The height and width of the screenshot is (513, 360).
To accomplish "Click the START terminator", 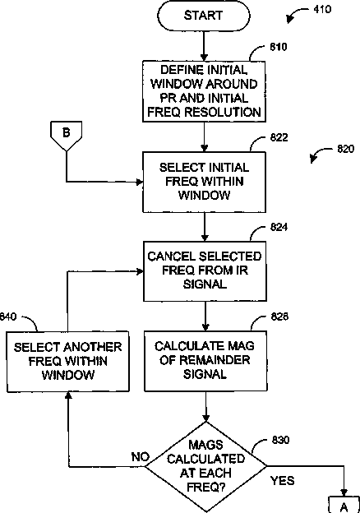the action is [x=204, y=16].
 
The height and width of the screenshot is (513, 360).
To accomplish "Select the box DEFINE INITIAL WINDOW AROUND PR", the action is [x=204, y=91].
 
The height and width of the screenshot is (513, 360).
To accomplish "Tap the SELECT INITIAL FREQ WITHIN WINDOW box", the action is [x=204, y=182].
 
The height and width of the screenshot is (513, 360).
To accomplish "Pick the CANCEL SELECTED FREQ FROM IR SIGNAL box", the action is [x=205, y=271].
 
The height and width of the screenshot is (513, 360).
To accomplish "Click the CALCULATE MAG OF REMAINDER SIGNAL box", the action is [x=205, y=361].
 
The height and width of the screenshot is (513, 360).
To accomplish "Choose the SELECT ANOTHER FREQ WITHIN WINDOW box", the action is [x=68, y=362].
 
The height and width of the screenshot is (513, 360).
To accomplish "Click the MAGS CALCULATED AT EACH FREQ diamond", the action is [x=205, y=466].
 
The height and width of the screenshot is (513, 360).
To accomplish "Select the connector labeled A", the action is [x=344, y=505].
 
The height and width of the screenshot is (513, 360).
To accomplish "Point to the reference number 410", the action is [x=322, y=9].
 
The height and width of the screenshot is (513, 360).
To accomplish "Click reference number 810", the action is [x=279, y=47].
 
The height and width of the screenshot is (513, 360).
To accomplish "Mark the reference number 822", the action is [x=279, y=137].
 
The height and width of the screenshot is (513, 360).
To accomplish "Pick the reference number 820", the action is [x=345, y=149].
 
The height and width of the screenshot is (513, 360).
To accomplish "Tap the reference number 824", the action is [x=279, y=227].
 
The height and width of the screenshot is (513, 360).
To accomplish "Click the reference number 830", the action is [x=280, y=440].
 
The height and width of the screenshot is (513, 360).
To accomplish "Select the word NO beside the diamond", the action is [x=141, y=457].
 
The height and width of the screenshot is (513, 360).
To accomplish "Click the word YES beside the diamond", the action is [x=283, y=481].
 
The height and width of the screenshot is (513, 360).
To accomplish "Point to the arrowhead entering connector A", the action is [x=344, y=492].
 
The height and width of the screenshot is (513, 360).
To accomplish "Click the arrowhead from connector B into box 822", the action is [x=139, y=182].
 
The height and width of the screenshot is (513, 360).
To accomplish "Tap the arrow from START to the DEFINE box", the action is [x=204, y=46].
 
